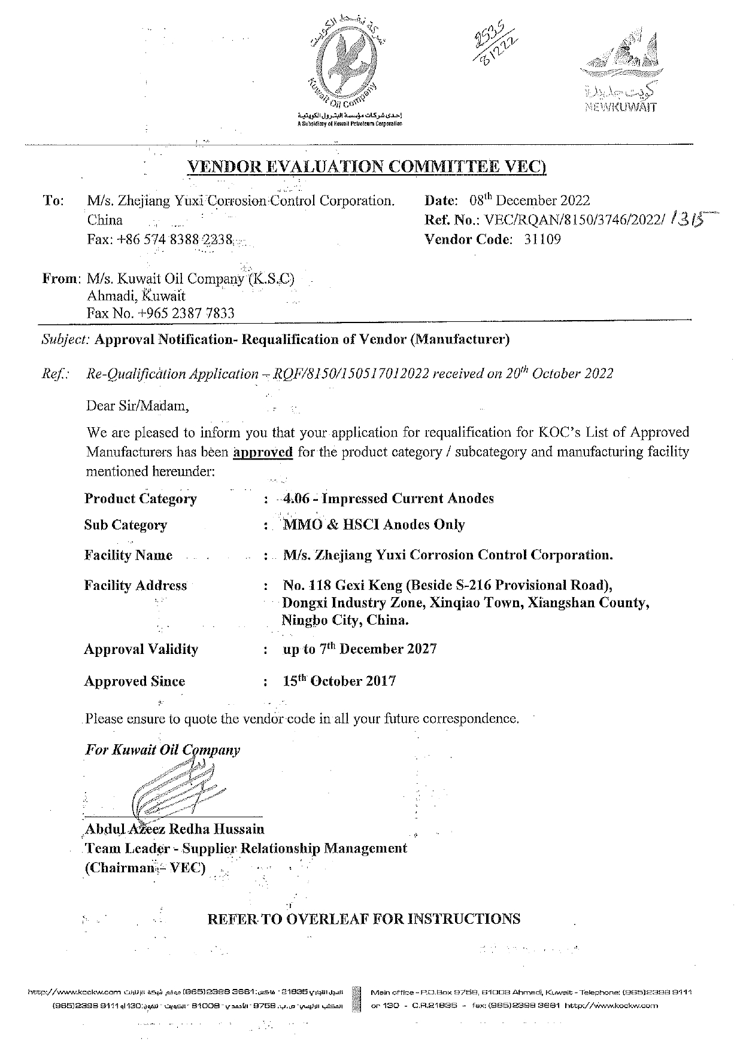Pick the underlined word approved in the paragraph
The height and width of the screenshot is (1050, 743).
click(263, 452)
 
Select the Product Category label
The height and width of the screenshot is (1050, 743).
click(141, 499)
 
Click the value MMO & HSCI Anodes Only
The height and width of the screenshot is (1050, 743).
click(374, 525)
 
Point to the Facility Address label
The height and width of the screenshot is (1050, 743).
click(135, 586)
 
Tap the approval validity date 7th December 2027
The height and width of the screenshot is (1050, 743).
click(360, 649)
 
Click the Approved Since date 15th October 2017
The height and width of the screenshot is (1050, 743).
click(339, 681)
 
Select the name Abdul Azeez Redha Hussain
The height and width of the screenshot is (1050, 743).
click(175, 829)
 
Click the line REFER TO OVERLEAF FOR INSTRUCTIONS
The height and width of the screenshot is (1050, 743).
click(363, 919)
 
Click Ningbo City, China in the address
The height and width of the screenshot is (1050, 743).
click(346, 620)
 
